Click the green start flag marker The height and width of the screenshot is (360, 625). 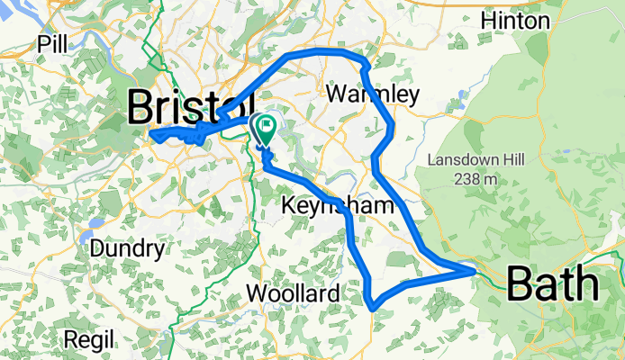click(266, 127)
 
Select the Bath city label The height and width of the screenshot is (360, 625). click(553, 284)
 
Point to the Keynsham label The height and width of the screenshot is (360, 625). click(339, 206)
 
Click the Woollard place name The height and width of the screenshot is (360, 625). click(294, 293)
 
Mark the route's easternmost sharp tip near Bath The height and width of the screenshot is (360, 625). click(474, 268)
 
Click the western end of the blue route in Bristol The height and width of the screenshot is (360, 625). click(152, 136)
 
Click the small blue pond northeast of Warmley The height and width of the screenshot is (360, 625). click(462, 94)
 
